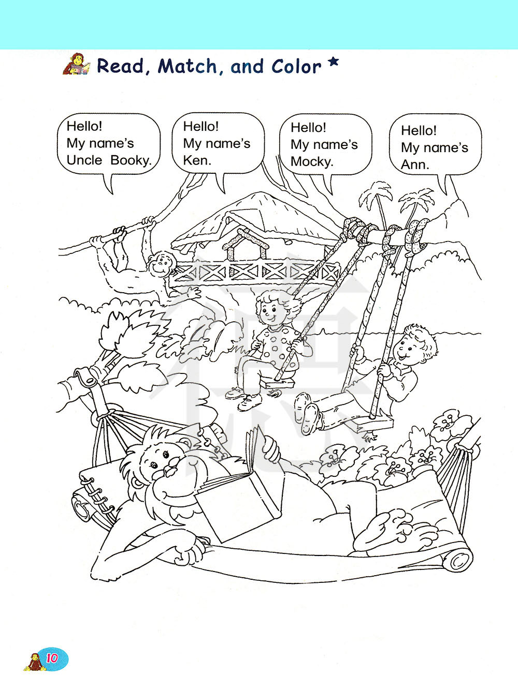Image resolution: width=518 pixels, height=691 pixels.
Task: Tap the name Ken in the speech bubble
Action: click(x=197, y=161)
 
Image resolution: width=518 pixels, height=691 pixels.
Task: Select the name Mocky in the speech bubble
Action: click(x=311, y=162)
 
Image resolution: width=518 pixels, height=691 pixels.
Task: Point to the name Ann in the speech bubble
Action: click(x=415, y=165)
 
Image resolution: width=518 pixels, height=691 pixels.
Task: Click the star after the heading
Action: click(x=334, y=63)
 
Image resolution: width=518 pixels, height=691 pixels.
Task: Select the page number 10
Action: click(x=52, y=658)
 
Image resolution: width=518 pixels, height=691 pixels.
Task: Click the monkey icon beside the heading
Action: click(x=76, y=64)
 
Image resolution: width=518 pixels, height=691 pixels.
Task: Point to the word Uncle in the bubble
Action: click(x=84, y=160)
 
